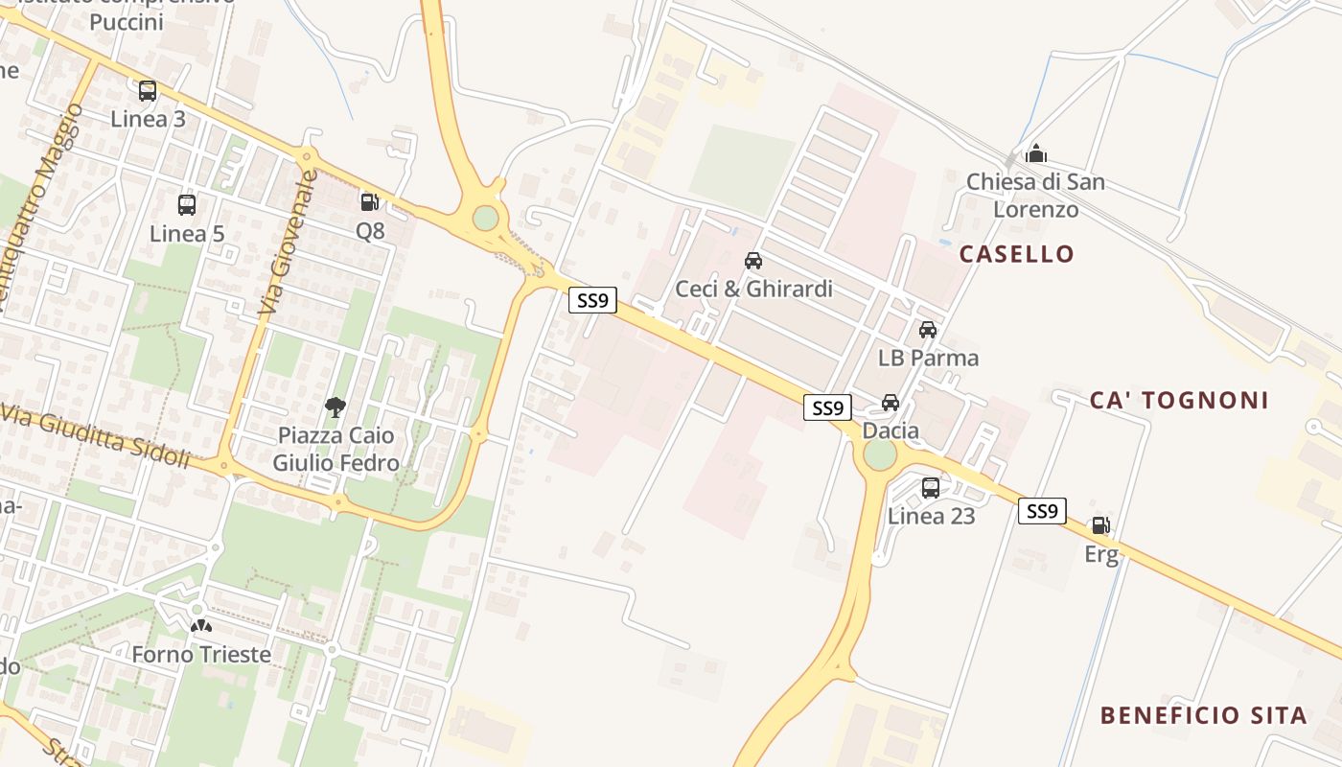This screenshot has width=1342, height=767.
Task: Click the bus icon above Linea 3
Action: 148,91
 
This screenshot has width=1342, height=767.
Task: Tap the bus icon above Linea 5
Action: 187,204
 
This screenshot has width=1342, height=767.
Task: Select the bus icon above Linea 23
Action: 931,487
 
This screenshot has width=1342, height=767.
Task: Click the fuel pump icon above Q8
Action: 369,201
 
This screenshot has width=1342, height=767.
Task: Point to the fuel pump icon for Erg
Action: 1100,525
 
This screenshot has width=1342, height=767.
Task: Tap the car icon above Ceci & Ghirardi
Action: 753,260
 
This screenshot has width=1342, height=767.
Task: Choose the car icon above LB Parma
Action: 928,330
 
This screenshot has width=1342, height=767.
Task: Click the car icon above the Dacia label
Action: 891,403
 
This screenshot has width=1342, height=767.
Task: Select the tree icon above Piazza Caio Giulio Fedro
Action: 335,407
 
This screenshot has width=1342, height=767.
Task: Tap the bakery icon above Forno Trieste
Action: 200,626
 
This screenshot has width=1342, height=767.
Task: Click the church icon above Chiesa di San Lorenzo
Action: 1035,153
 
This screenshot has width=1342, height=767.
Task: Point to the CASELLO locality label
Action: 1017,254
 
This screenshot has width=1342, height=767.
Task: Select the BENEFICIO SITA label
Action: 1203,715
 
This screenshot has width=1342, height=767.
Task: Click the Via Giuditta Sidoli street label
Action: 96,435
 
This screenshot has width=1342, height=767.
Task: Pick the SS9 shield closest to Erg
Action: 1042,511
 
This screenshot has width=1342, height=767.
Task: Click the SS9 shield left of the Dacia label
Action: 827,408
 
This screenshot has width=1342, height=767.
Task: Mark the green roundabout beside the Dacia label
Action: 880,454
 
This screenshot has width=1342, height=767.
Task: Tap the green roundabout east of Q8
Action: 486,218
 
